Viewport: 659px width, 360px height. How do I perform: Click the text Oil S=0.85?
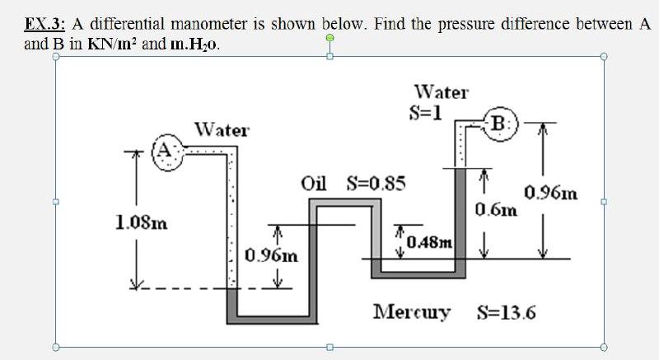[353, 182]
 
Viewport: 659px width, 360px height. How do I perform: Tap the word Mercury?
[412, 313]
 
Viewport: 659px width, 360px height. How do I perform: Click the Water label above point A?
[222, 130]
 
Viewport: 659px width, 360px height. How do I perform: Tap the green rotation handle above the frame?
[329, 39]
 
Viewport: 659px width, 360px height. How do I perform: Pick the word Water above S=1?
[441, 91]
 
